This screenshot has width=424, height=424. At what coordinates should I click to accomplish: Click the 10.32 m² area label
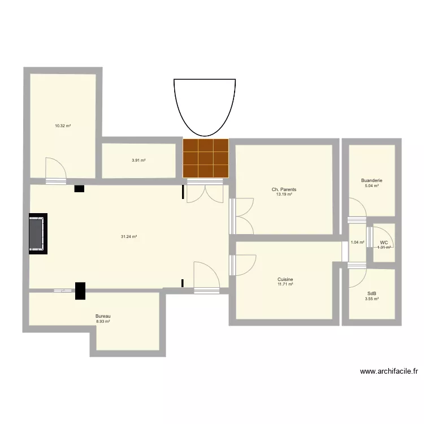[x=62, y=126]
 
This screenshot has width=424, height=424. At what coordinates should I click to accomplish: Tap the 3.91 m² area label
[x=139, y=160]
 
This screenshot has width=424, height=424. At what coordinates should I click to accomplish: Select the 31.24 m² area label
[x=129, y=237]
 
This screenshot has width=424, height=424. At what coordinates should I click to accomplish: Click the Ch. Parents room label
[x=284, y=189]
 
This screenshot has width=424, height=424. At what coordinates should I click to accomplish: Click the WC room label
[x=384, y=243]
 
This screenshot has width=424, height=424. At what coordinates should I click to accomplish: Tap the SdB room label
[x=371, y=293]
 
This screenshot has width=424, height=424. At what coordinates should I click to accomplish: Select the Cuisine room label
[x=285, y=279]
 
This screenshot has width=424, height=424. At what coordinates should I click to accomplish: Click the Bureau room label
[x=103, y=316]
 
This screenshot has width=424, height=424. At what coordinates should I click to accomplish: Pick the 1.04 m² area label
[x=357, y=243]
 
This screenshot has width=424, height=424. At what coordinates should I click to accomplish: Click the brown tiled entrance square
[x=206, y=158]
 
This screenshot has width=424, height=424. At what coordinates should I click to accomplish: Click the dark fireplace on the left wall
[x=38, y=234]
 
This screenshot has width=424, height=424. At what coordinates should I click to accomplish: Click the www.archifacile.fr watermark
[x=389, y=371]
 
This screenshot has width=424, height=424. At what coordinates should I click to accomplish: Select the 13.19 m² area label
[x=284, y=194]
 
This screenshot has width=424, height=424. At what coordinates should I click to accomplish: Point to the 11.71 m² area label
[x=285, y=284]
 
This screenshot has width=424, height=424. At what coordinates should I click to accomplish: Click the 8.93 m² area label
[x=103, y=321]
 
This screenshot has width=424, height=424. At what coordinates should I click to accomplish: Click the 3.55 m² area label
[x=371, y=298]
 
